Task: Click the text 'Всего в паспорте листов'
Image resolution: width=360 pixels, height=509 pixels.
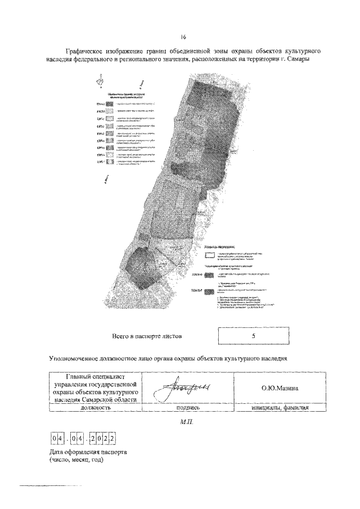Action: tap(147, 336)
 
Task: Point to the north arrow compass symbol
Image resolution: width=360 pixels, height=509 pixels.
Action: tap(100, 80)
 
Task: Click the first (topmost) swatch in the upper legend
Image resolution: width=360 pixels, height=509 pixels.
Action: tap(109, 104)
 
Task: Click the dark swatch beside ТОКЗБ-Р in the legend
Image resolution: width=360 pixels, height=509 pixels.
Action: tap(209, 291)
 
